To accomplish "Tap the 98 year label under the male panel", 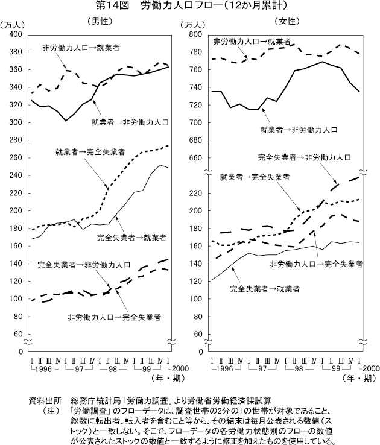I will [x=114, y=368].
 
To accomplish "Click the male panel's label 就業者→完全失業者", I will [x=90, y=153].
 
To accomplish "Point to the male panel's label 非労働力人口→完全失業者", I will [x=114, y=317].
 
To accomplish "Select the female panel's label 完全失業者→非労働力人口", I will [x=305, y=157].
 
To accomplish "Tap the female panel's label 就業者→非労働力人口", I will [x=298, y=130].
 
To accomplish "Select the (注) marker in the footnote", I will [x=48, y=409].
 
